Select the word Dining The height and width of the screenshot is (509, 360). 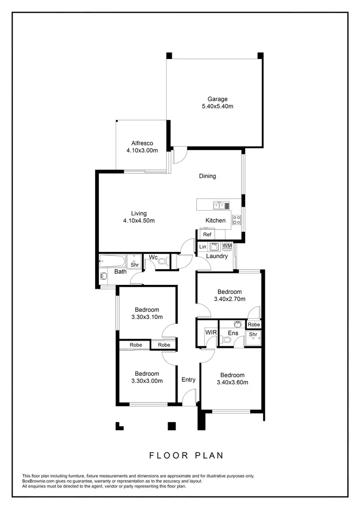click(207, 176)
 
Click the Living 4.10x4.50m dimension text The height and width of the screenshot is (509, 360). click(139, 221)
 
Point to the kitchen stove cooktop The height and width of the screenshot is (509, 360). click(237, 220)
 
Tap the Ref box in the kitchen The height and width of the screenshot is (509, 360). click(207, 235)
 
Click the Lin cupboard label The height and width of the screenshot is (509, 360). click(203, 247)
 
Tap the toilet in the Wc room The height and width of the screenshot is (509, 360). click(163, 262)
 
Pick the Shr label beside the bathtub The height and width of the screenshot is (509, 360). click(135, 264)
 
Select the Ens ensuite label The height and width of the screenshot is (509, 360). click(233, 333)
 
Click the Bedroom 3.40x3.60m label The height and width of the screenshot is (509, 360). click(232, 379)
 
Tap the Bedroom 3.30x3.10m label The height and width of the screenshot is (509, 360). click(146, 313)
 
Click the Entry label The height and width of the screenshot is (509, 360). click(188, 380)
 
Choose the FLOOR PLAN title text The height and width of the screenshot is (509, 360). click(186, 455)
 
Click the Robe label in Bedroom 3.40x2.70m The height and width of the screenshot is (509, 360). click(254, 325)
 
